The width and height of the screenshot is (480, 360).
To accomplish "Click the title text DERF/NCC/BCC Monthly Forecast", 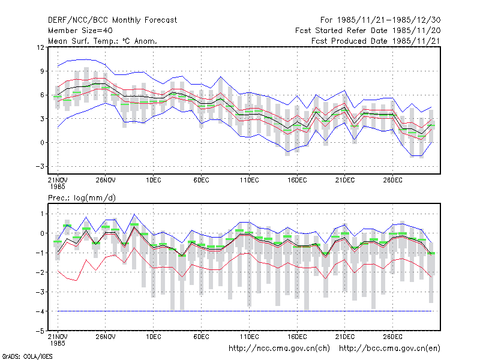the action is [112, 20].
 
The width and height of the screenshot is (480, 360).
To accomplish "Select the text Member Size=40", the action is [80, 31].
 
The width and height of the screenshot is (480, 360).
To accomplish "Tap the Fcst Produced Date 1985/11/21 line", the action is [376, 41].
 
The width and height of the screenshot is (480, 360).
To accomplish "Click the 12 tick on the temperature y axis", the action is [40, 47].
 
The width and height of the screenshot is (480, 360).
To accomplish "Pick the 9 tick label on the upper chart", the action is [42, 71].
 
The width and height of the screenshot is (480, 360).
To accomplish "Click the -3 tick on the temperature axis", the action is [40, 166].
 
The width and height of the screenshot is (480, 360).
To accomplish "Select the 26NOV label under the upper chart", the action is [106, 180].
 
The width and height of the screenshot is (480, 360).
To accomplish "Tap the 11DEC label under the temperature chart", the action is [249, 180].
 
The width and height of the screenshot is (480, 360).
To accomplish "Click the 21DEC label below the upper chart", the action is [344, 180].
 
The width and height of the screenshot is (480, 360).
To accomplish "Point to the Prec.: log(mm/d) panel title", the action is [82, 198].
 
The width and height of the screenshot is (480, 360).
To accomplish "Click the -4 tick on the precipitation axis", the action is [40, 311].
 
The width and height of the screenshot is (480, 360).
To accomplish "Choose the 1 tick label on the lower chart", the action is [42, 214].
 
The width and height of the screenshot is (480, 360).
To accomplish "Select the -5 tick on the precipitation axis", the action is [40, 331].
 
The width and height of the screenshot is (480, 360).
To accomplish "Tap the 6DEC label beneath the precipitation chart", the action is [201, 337].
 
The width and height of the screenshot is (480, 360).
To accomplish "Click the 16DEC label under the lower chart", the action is [297, 337].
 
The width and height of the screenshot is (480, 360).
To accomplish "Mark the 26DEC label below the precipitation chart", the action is [393, 337].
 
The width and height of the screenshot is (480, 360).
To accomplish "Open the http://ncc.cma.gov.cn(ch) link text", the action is [279, 349].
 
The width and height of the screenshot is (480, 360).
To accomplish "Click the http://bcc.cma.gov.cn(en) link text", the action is [389, 349].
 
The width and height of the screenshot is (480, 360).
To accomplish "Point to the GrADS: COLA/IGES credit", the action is [27, 356].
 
